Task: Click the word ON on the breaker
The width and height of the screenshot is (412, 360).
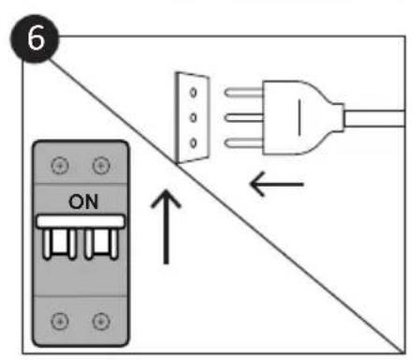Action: click(x=80, y=202)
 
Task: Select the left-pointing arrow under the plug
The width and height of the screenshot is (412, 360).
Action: click(x=277, y=185)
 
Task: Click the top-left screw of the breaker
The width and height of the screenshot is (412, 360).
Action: click(x=61, y=166)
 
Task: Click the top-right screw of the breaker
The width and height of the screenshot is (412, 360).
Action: click(x=99, y=166)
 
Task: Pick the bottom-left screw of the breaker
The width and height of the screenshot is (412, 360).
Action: click(x=61, y=322)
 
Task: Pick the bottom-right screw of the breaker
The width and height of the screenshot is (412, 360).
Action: click(x=99, y=322)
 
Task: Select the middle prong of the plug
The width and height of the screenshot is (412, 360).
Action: click(x=243, y=117)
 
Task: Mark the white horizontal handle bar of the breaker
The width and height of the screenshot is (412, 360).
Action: click(x=80, y=222)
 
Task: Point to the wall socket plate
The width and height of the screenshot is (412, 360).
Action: click(x=190, y=119)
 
